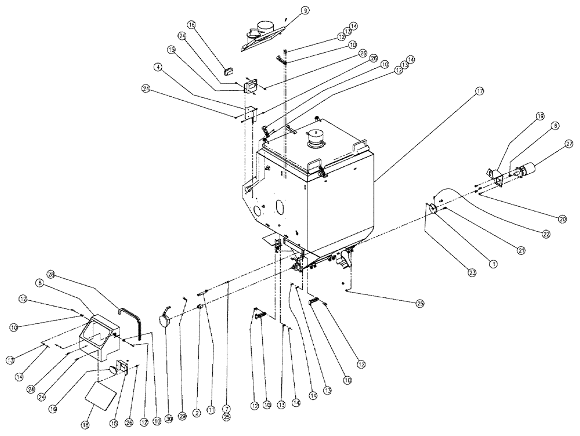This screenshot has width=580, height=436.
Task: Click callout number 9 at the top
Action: point(305,10)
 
